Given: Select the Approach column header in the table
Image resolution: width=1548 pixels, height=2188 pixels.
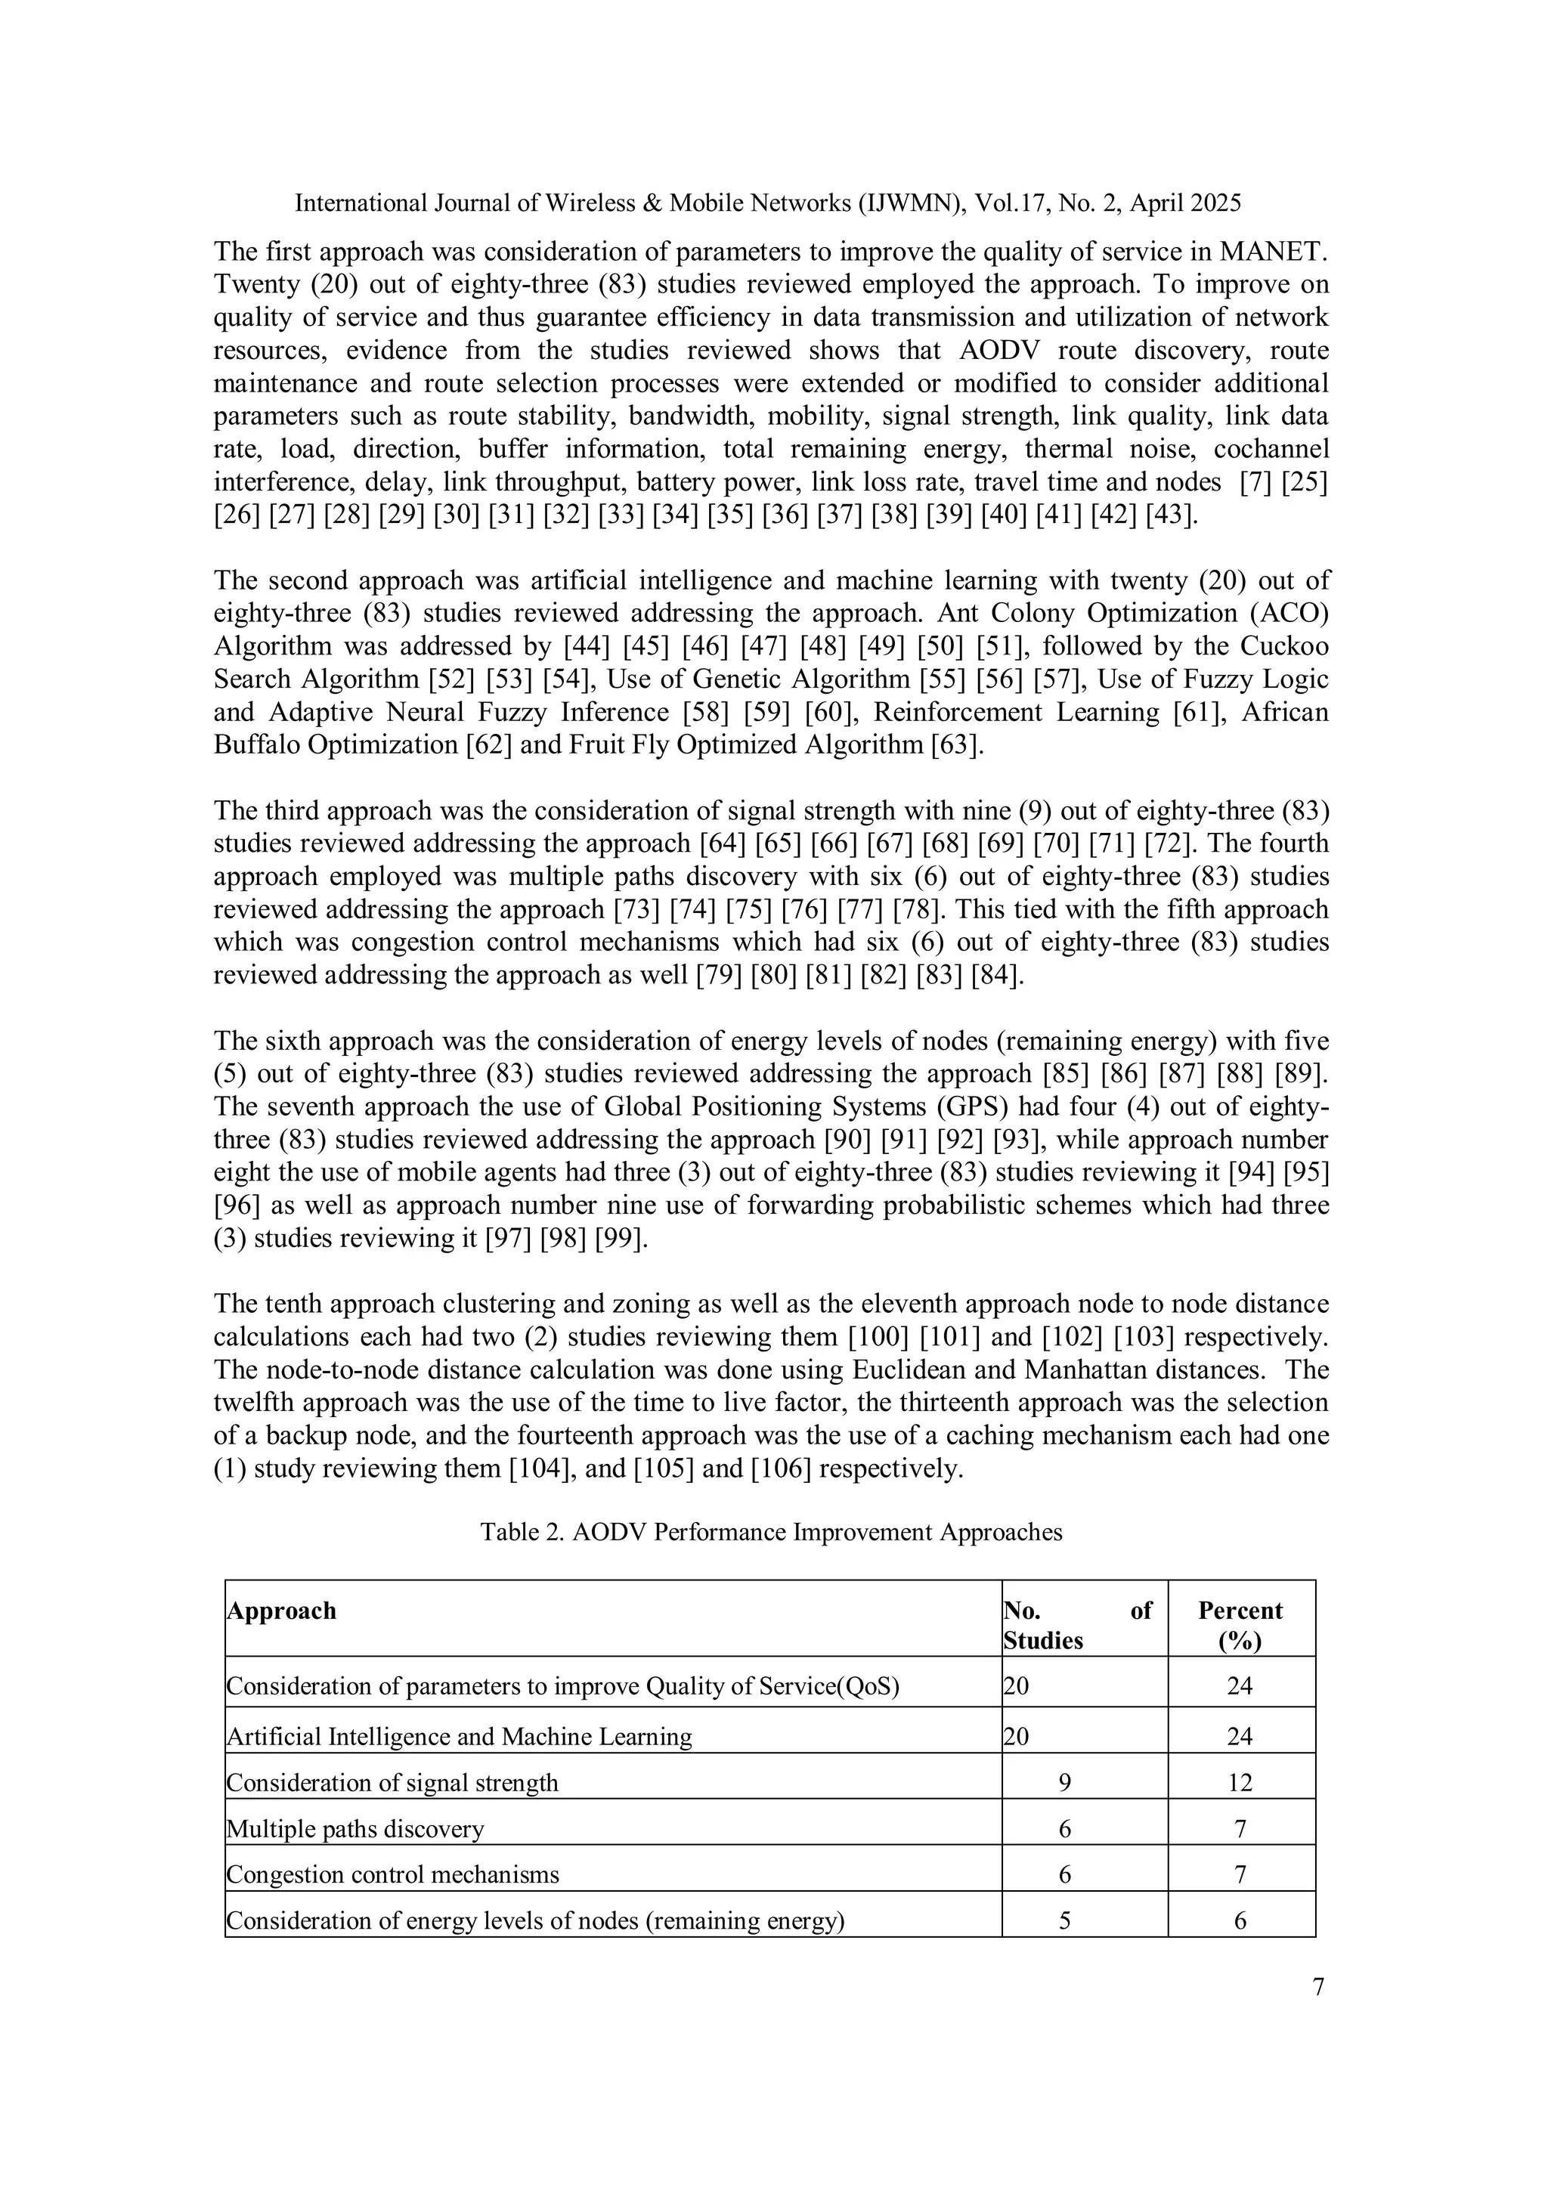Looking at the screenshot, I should pyautogui.click(x=281, y=1611).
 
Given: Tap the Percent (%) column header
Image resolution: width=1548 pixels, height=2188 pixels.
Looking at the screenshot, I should pyautogui.click(x=1240, y=1625).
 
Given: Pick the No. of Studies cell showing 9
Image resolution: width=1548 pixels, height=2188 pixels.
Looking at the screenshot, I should pyautogui.click(x=1065, y=1782).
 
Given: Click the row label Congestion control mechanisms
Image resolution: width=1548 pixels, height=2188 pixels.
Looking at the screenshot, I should pyautogui.click(x=393, y=1874).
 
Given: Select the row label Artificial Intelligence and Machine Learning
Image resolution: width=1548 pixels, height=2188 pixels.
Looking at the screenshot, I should pyautogui.click(x=460, y=1736).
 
